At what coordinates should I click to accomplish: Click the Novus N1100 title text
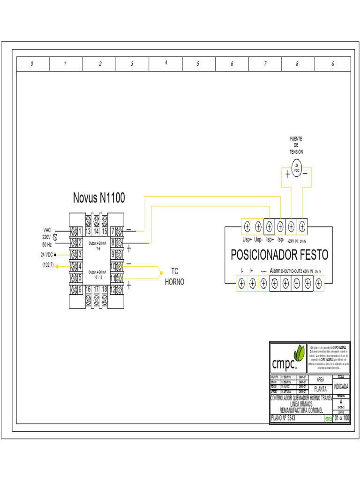tap(99, 198)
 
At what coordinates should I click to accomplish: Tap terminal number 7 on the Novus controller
tap(113, 231)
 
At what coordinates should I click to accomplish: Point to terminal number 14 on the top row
tap(96, 231)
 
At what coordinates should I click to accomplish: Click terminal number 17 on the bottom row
tap(96, 290)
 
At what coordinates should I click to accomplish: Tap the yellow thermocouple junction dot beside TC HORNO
tap(161, 272)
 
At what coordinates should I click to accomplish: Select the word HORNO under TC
tap(174, 282)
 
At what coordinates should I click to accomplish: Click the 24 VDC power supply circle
tap(296, 167)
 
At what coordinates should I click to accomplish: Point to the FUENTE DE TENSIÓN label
tap(296, 145)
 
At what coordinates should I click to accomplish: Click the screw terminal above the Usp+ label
tap(247, 227)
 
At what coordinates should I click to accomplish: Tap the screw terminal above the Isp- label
tap(280, 227)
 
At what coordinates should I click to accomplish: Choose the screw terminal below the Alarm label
tap(275, 283)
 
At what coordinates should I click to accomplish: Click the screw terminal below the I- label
tap(241, 283)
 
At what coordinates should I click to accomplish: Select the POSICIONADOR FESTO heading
tap(279, 255)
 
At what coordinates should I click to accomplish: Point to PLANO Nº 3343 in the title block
tap(284, 418)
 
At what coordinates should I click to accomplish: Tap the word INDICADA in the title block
tap(341, 387)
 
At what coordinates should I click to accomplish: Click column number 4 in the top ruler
tap(166, 63)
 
